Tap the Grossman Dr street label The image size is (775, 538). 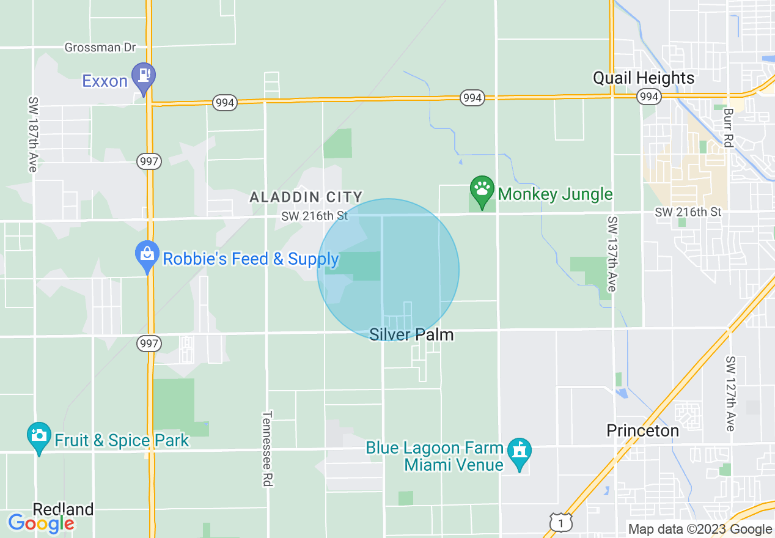tap(100, 47)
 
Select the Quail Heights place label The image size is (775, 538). tap(644, 78)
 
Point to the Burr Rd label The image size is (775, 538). tap(727, 128)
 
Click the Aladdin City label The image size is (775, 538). tap(306, 197)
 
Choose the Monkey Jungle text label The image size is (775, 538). tap(555, 194)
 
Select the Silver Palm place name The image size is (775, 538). tap(411, 335)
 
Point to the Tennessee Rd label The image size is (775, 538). tap(266, 448)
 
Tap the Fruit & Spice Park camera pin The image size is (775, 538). tap(39, 435)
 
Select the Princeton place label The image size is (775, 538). tap(642, 430)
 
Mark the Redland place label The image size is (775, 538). tap(63, 509)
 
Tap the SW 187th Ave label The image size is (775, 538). tap(32, 133)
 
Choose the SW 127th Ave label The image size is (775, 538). tap(729, 394)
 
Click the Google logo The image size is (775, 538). tap(41, 523)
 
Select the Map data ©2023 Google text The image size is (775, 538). tap(700, 529)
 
